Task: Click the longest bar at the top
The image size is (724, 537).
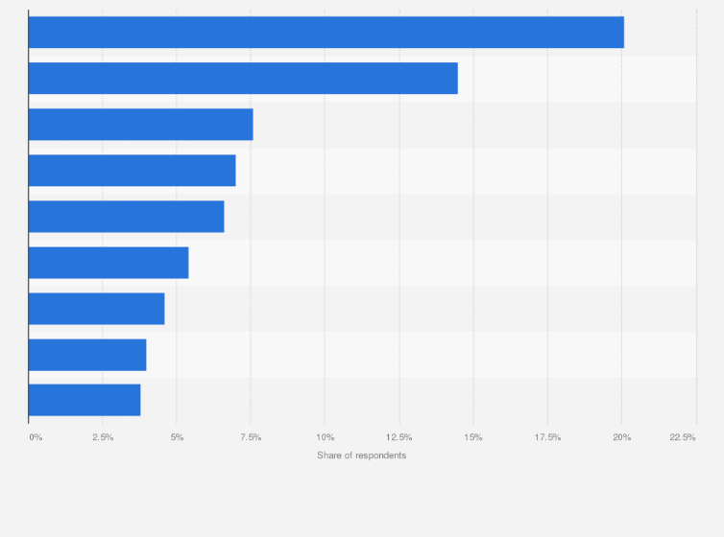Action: [x=326, y=33]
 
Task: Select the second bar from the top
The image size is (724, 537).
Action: [x=243, y=79]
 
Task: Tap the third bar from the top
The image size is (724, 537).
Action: [x=141, y=125]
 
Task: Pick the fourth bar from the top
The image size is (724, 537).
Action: [x=133, y=171]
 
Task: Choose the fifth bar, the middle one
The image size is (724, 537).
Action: [x=127, y=217]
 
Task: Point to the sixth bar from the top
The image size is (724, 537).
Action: [x=109, y=263]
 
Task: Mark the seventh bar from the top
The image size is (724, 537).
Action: [x=97, y=309]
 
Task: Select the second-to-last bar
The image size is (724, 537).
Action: [x=87, y=355]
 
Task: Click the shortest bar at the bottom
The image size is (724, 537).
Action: [x=84, y=400]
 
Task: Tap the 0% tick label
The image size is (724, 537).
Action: [x=36, y=437]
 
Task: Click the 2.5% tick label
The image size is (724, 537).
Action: [x=103, y=437]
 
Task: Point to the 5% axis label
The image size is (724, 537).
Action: [x=177, y=437]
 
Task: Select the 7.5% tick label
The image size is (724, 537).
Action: [x=251, y=437]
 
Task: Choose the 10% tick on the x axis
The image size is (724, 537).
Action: [x=325, y=437]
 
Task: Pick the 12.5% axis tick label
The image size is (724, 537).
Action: [x=399, y=437]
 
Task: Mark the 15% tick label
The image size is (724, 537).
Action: [x=473, y=437]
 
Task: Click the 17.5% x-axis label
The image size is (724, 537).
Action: [x=547, y=437]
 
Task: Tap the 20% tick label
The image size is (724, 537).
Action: [x=621, y=437]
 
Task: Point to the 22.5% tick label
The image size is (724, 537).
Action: [x=683, y=437]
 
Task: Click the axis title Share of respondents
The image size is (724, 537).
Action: [x=361, y=455]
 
